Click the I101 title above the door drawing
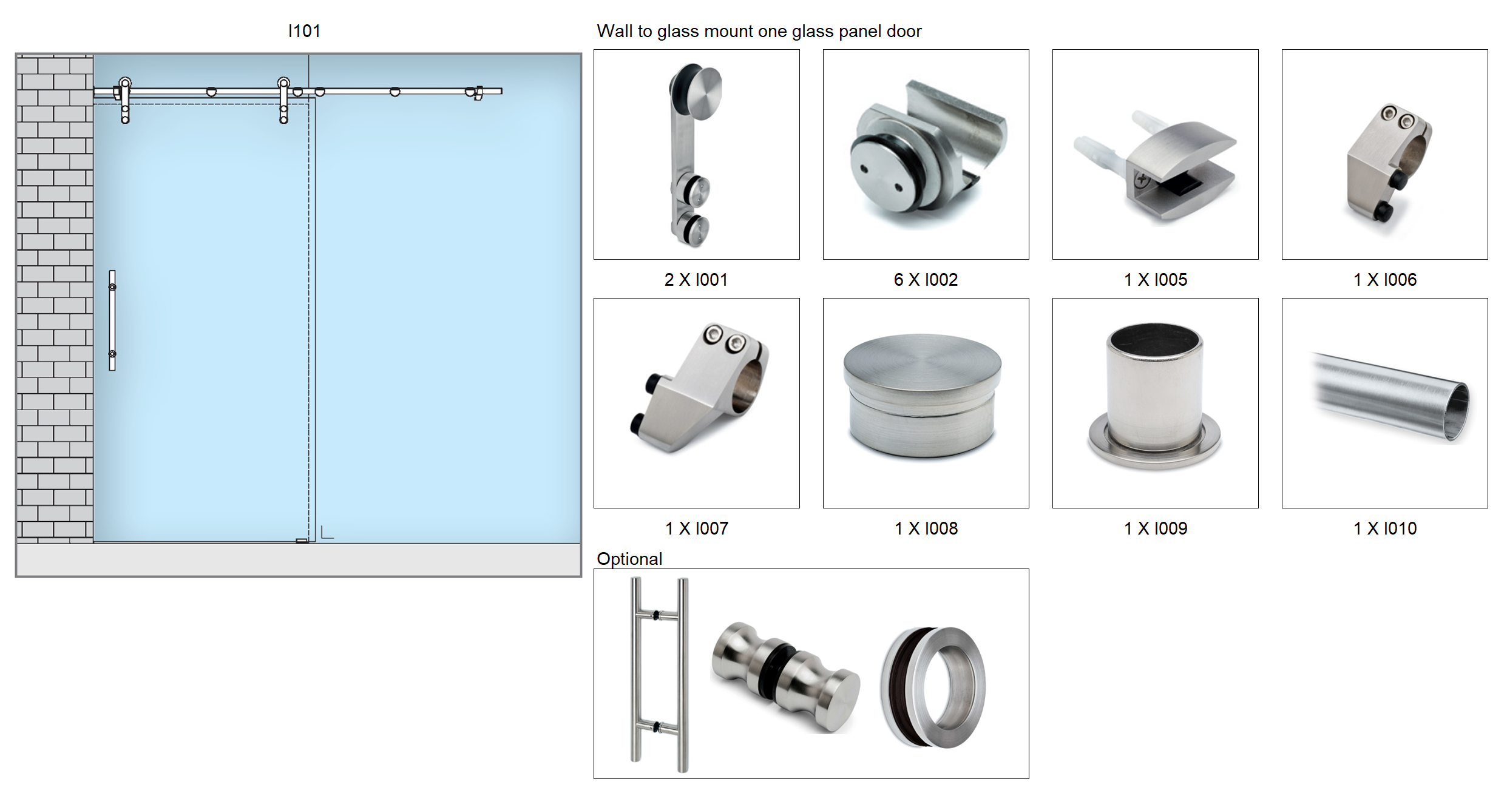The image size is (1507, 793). (x=304, y=31)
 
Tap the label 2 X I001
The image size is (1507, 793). (x=696, y=280)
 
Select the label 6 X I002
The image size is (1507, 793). (x=926, y=280)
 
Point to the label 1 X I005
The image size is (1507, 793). (x=1155, y=280)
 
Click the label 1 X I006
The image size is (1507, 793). (x=1384, y=280)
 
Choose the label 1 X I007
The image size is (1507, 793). (x=696, y=528)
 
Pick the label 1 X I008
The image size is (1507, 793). (x=926, y=528)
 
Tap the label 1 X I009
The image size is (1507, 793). (x=1155, y=528)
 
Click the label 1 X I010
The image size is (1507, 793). (x=1384, y=528)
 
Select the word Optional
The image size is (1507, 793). (x=629, y=559)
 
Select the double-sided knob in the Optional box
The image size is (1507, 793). (x=785, y=676)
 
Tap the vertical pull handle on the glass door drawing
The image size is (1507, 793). (x=112, y=320)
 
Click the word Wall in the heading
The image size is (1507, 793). (x=615, y=31)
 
